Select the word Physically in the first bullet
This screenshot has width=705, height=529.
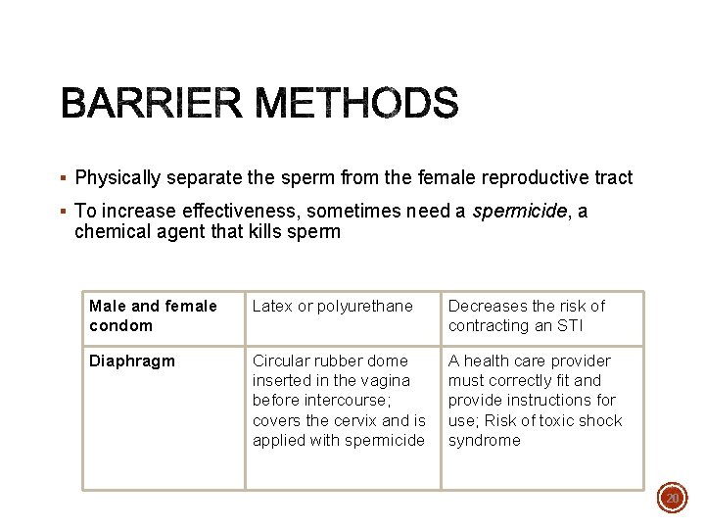117,178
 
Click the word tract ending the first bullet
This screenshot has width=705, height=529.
613,178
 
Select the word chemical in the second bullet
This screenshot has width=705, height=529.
111,232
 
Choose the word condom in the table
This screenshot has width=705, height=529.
120,326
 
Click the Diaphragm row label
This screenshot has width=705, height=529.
131,361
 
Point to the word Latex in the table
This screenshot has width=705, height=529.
271,306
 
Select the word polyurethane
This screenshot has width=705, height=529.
364,306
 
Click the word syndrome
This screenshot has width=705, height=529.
484,441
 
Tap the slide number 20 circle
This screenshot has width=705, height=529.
673,499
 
